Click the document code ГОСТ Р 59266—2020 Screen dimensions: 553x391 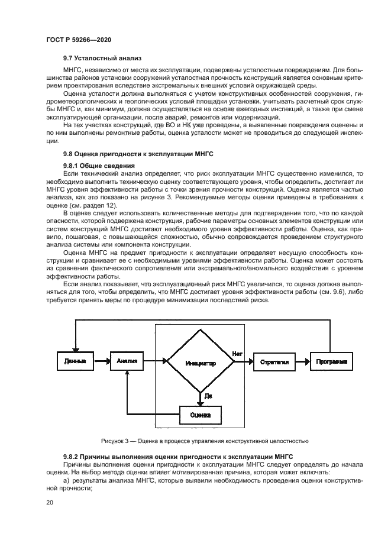coord(78,39)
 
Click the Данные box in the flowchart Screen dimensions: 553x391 coord(75,361)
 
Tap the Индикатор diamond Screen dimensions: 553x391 coord(200,362)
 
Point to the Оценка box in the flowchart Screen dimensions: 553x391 coord(201,414)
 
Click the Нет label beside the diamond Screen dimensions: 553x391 coord(237,353)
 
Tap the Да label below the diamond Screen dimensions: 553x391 coord(208,395)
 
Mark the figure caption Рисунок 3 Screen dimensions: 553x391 coord(204,441)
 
